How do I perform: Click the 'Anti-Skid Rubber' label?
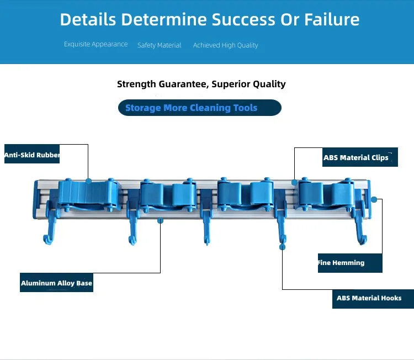[32, 155]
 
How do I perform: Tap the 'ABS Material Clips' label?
[356, 157]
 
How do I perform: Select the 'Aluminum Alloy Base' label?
[56, 283]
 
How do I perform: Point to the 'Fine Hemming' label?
[342, 263]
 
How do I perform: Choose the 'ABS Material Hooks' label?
[369, 298]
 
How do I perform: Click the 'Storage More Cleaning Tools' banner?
[192, 108]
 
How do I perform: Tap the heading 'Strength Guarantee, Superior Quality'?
[201, 84]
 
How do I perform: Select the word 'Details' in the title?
[88, 20]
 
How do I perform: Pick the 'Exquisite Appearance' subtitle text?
[95, 44]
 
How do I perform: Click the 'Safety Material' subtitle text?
[159, 45]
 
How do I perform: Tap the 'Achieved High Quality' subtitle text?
[225, 45]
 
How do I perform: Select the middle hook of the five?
[206, 226]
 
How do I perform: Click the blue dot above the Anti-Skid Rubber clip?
[88, 181]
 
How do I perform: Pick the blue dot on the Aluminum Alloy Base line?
[161, 220]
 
